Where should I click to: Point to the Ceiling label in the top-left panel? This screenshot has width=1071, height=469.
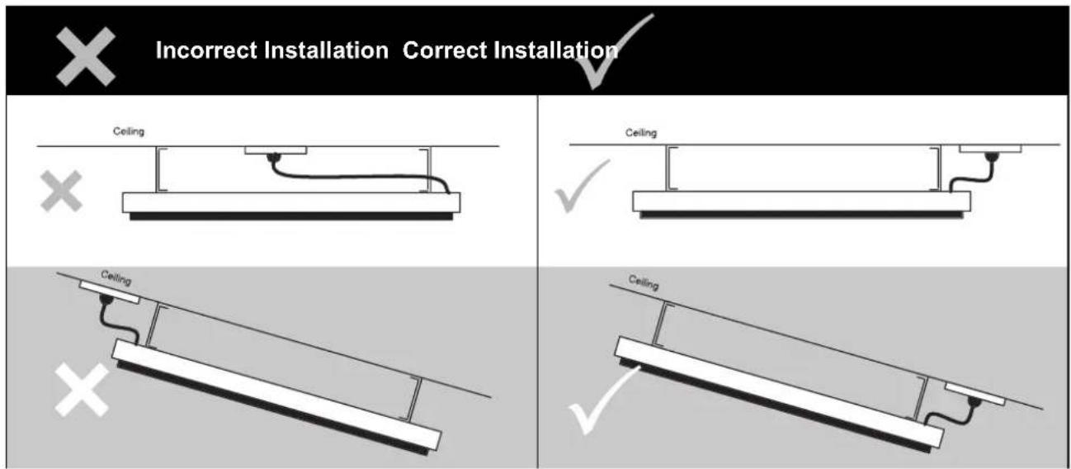[x=129, y=131]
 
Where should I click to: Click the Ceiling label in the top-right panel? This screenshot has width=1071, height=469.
[x=640, y=132]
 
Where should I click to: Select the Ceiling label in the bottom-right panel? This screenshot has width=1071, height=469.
[x=644, y=282]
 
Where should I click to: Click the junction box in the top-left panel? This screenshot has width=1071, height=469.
[x=276, y=151]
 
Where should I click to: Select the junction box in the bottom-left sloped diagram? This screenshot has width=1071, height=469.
[x=110, y=293]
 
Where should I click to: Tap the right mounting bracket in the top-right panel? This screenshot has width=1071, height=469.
[x=935, y=170]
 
